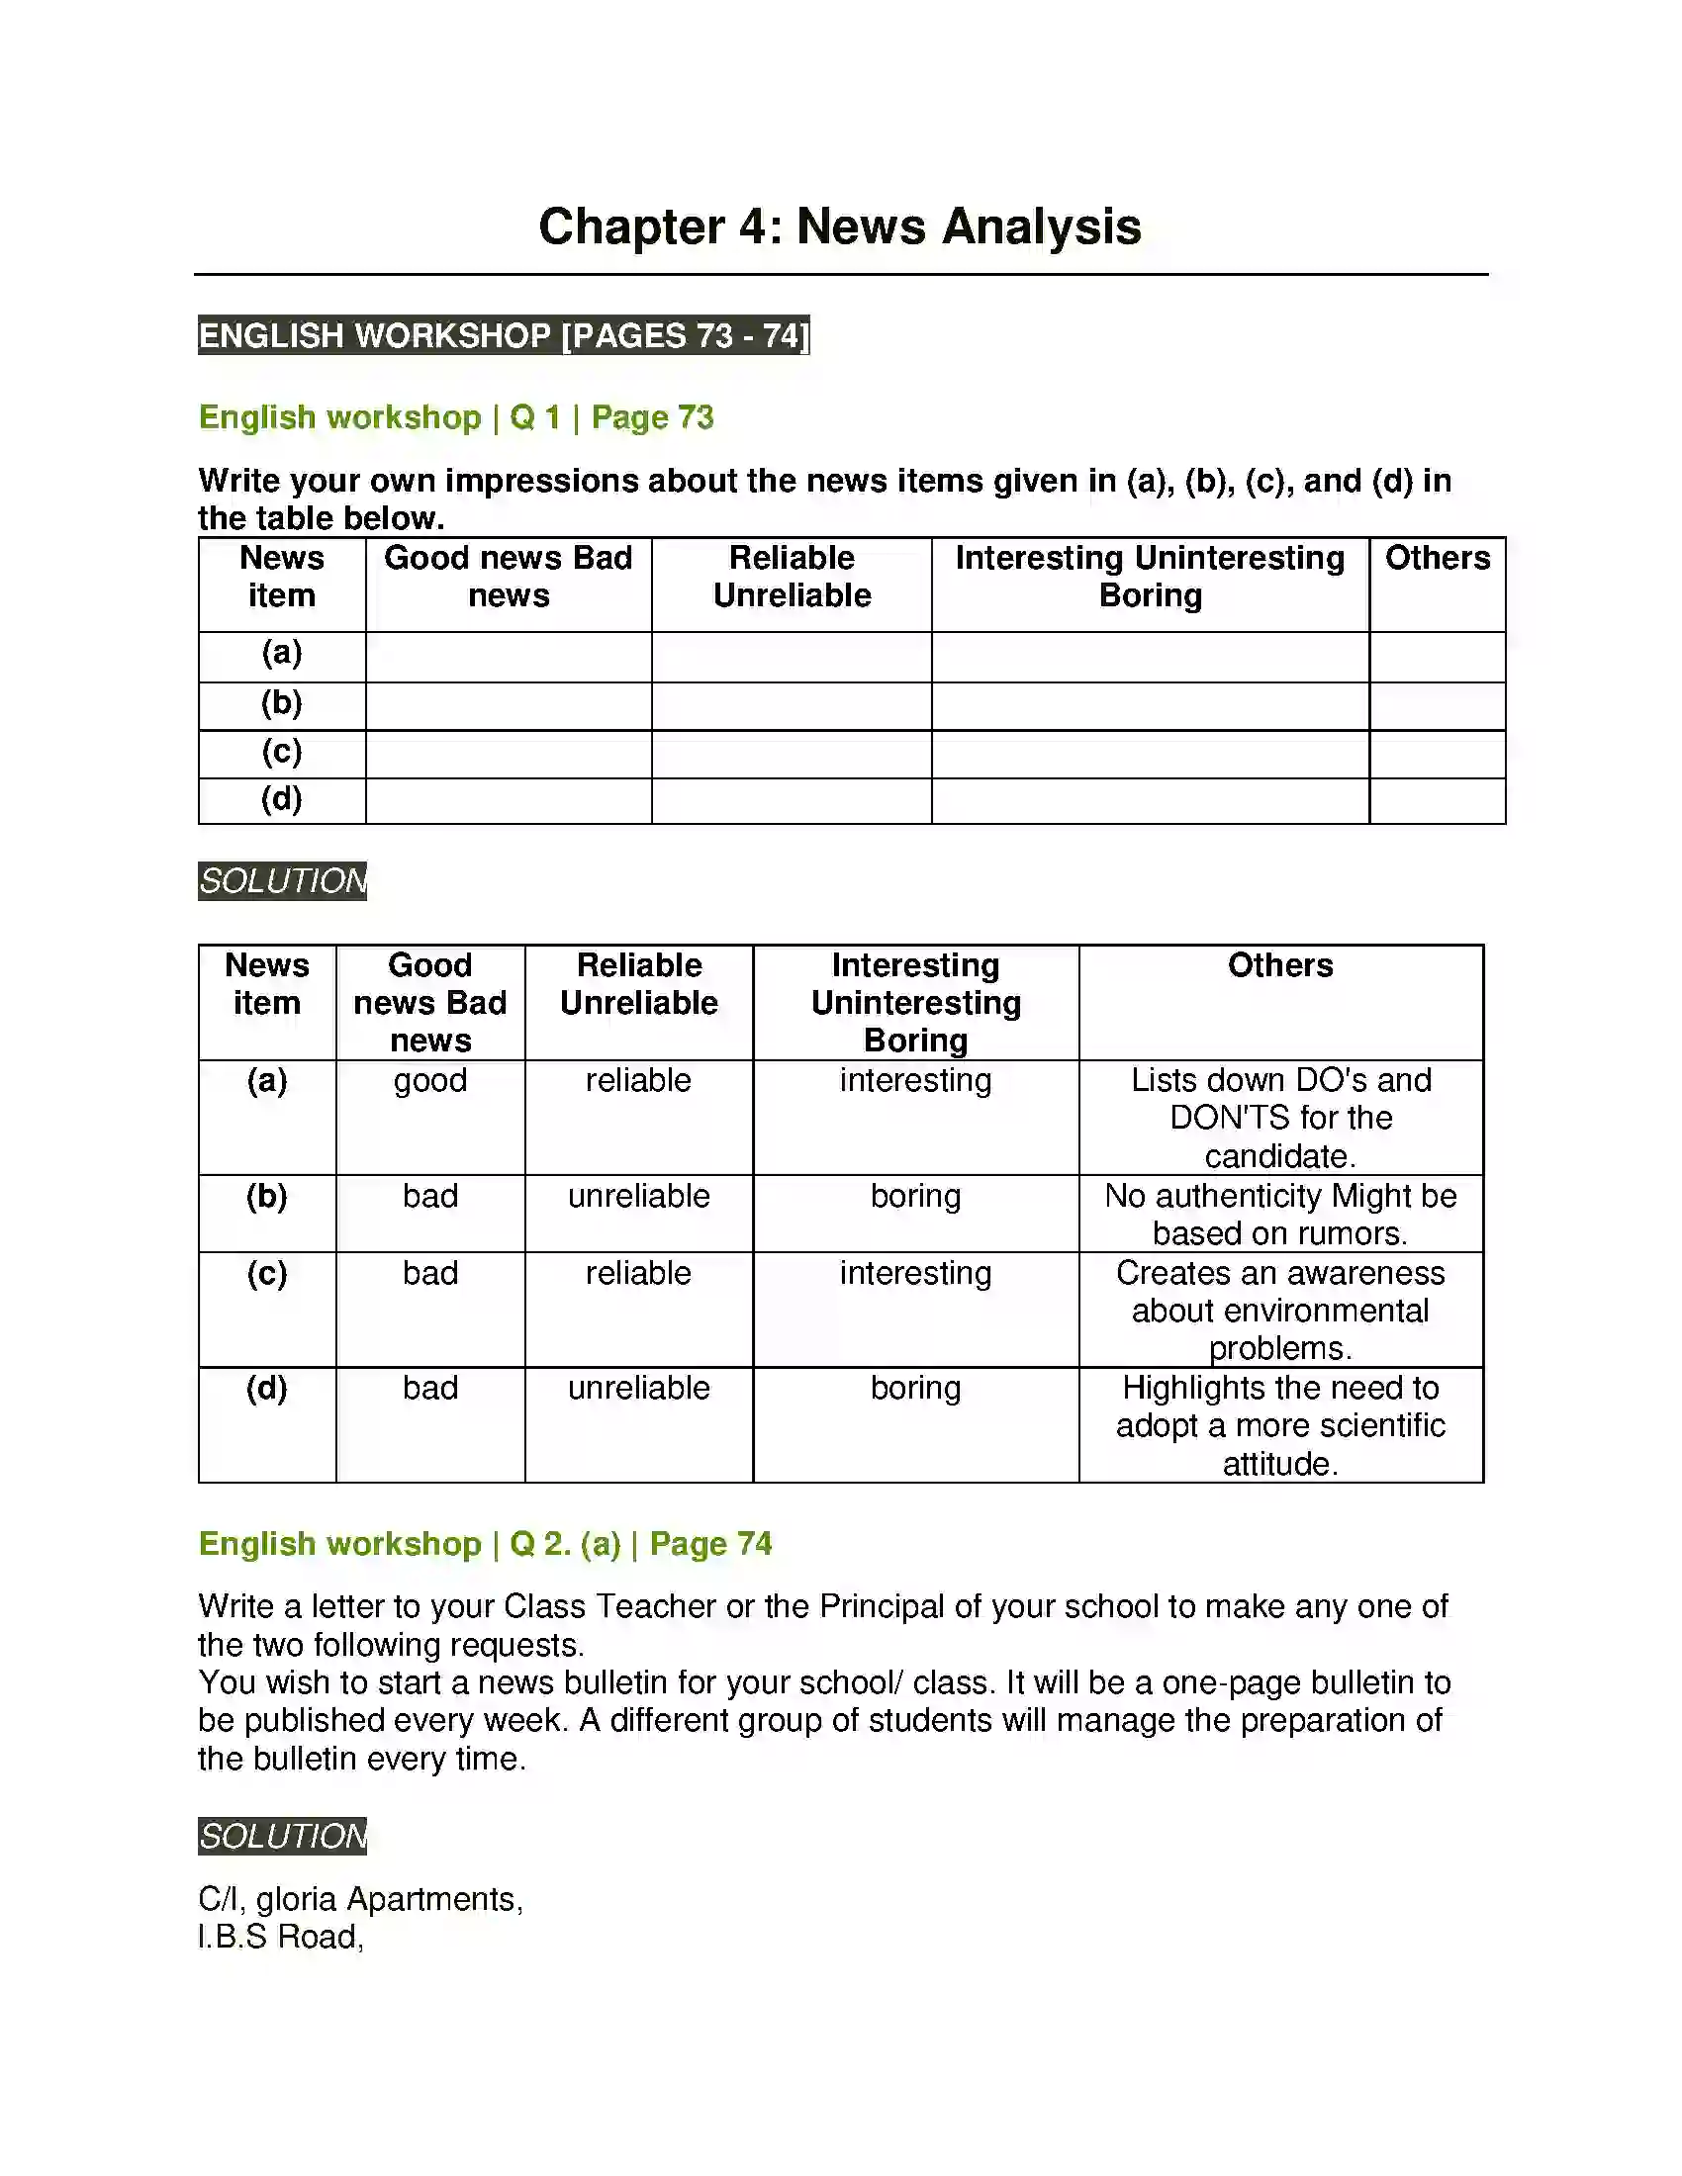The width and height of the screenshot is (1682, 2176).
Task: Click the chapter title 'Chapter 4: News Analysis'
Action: pyautogui.click(x=839, y=227)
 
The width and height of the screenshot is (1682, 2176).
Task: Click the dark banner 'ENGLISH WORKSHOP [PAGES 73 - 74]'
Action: pyautogui.click(x=504, y=335)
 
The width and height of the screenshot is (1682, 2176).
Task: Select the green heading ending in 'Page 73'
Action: pyautogui.click(x=455, y=416)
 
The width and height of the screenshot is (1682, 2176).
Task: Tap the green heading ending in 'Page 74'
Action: pyautogui.click(x=484, y=1543)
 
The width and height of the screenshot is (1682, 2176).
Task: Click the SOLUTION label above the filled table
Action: pyautogui.click(x=282, y=880)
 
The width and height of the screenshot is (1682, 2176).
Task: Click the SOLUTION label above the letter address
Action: pyautogui.click(x=282, y=1837)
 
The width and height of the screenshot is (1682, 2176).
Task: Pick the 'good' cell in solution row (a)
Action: pyautogui.click(x=430, y=1080)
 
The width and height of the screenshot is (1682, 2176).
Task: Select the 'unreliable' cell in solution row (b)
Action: pyautogui.click(x=639, y=1196)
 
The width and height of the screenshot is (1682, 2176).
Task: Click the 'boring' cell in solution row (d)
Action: pyautogui.click(x=915, y=1388)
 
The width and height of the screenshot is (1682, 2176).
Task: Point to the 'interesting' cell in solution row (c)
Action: pyautogui.click(x=915, y=1273)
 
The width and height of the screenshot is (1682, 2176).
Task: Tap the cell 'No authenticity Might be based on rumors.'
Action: pyautogui.click(x=1280, y=1215)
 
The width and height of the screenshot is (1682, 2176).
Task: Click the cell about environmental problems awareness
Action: pyautogui.click(x=1280, y=1311)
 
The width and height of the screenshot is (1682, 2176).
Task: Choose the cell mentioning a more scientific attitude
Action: pyautogui.click(x=1280, y=1425)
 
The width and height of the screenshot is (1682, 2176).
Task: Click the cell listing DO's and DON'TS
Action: pyautogui.click(x=1280, y=1118)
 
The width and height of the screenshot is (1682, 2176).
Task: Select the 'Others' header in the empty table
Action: pyautogui.click(x=1437, y=558)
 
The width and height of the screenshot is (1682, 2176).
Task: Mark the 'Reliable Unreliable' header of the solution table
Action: pyautogui.click(x=639, y=983)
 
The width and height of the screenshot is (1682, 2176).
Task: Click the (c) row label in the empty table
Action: pyautogui.click(x=282, y=752)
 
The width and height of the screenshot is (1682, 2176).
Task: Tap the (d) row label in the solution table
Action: pyautogui.click(x=267, y=1388)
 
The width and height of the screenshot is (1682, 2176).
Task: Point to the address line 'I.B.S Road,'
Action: pyautogui.click(x=281, y=1937)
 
